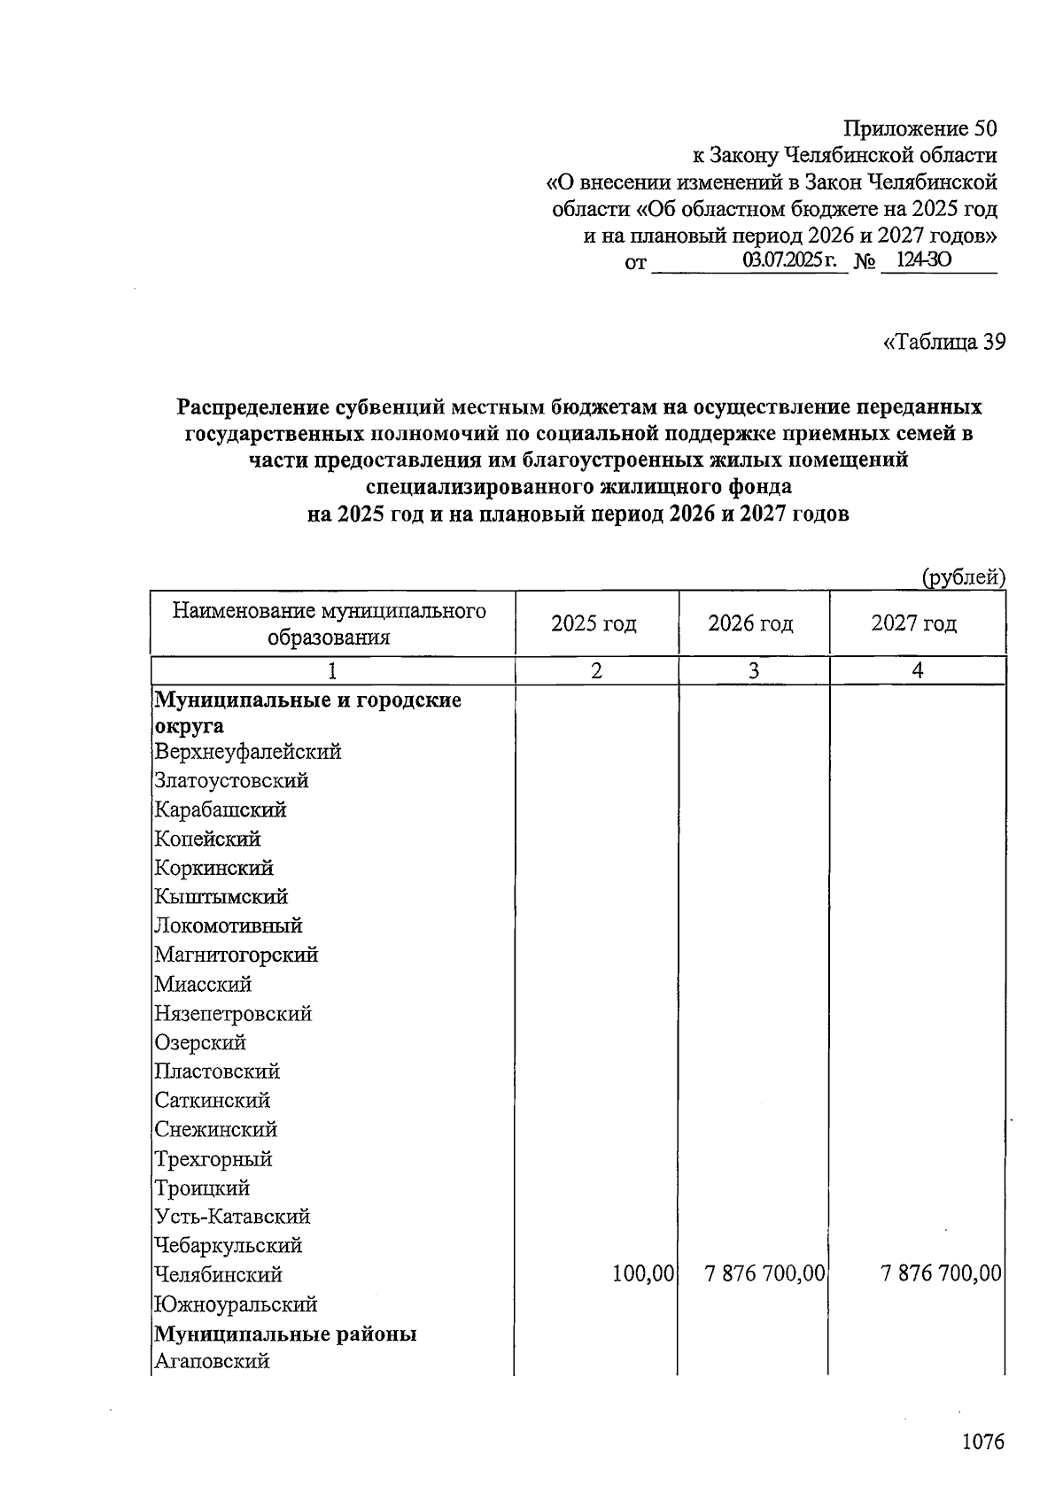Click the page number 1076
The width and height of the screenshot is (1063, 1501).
983,1442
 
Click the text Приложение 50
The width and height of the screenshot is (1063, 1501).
919,128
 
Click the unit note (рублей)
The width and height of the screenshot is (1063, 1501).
964,577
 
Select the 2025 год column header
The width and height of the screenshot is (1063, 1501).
594,623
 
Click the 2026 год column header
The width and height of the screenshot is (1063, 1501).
750,623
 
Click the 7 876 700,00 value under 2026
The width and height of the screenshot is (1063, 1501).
765,1274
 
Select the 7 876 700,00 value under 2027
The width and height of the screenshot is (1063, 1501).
941,1274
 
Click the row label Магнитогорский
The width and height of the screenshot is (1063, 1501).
236,955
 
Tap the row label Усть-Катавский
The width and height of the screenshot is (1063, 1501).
232,1216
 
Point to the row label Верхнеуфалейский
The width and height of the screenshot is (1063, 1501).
247,752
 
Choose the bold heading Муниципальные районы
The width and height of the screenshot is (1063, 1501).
285,1334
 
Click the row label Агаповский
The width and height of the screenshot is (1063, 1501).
212,1361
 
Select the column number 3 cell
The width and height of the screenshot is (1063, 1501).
753,671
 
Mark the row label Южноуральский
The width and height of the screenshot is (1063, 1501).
235,1304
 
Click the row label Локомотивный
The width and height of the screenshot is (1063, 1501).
228,925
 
